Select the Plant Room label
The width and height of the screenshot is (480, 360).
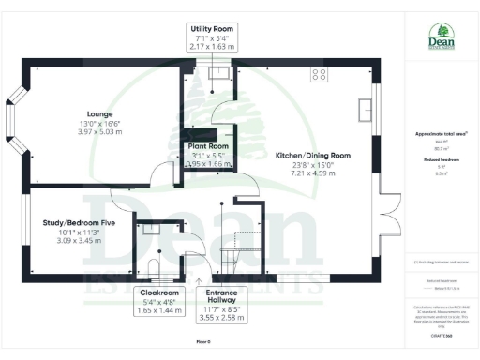tap(208, 147)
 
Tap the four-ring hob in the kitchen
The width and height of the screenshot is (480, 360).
tap(319, 73)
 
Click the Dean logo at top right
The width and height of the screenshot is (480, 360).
tap(441, 37)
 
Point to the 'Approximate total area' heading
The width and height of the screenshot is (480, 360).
tap(440, 134)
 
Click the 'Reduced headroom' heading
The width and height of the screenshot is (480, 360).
tap(440, 160)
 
